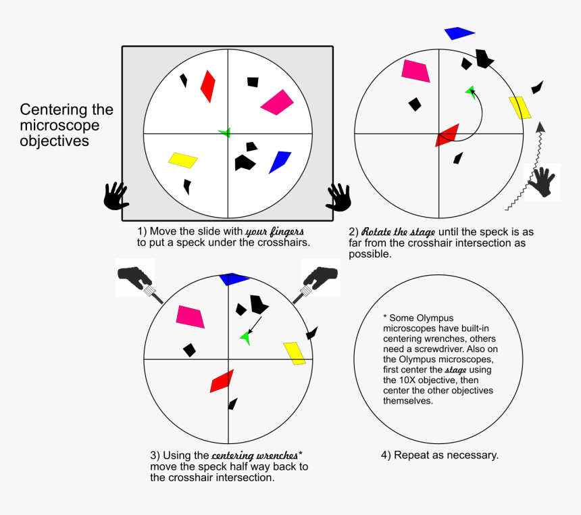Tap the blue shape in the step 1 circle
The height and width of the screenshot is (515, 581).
pyautogui.click(x=279, y=162)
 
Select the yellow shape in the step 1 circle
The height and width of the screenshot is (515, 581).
pyautogui.click(x=182, y=160)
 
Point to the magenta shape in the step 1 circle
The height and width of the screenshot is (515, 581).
pyautogui.click(x=278, y=102)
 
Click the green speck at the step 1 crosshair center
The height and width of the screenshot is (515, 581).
pyautogui.click(x=225, y=132)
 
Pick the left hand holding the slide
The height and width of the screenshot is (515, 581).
pyautogui.click(x=116, y=196)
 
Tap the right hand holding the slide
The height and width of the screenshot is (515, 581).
pyautogui.click(x=338, y=197)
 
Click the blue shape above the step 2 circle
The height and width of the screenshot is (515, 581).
pyautogui.click(x=459, y=33)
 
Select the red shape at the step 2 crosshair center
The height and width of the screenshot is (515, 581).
pyautogui.click(x=447, y=135)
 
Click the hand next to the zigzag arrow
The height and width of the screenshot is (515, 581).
pyautogui.click(x=544, y=181)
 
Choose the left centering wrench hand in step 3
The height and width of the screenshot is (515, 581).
pyautogui.click(x=137, y=278)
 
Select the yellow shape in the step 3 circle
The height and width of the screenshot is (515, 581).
pyautogui.click(x=295, y=353)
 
